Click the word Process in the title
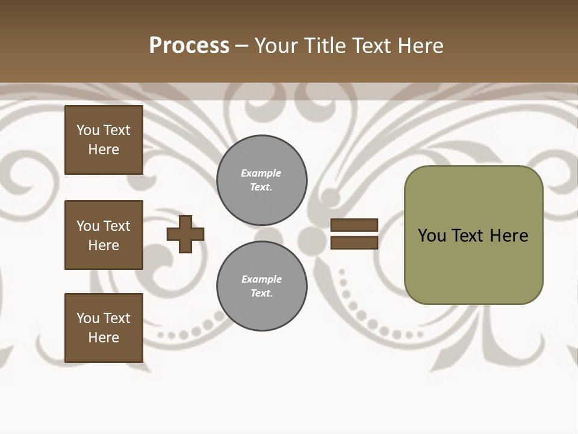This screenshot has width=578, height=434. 189,46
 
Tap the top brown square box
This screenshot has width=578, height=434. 104,140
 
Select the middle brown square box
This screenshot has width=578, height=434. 104,235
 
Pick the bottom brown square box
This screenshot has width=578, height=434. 104,328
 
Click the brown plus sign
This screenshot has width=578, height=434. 185,234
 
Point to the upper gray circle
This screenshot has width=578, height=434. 262,180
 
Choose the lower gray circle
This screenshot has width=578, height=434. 262,286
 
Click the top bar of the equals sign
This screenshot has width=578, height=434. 355,225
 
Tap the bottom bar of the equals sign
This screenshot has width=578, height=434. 355,242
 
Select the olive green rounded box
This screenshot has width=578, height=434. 473,235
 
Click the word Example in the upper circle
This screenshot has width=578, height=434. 261,173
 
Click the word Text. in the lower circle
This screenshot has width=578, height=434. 261,294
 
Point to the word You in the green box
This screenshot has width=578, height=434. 432,236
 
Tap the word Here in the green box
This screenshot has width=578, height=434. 509,236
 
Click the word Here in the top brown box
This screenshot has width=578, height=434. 104,149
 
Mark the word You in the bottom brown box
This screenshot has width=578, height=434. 88,318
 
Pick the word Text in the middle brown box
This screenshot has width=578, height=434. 117,226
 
